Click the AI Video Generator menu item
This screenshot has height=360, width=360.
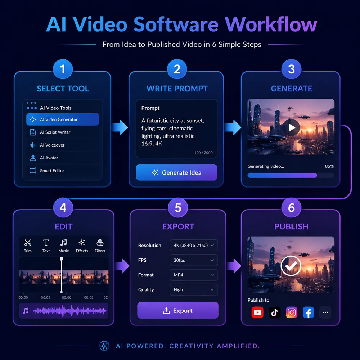[x=62, y=120]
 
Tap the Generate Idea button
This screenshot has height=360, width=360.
[x=176, y=172]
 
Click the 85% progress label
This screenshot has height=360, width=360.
[x=329, y=166]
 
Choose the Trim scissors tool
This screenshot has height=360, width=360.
[x=28, y=246]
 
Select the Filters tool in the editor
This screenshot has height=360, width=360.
[x=100, y=246]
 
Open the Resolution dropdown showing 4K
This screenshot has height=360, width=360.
[x=194, y=246]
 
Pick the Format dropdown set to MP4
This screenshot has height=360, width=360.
[x=194, y=275]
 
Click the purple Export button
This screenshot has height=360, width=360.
[x=178, y=310]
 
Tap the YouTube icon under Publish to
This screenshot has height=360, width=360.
[x=257, y=312]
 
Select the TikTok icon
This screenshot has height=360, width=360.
[x=275, y=312]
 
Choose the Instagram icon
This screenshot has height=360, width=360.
[x=292, y=312]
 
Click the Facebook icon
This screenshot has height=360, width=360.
[x=309, y=312]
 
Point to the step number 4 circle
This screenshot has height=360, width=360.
[x=63, y=208]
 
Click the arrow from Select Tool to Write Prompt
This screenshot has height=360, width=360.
[x=120, y=127]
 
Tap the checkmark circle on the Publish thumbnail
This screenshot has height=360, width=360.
[x=291, y=266]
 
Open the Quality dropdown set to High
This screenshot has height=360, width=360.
[x=194, y=290]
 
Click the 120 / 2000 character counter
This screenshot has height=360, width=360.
[x=203, y=153]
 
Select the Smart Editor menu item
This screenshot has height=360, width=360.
[x=47, y=171]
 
